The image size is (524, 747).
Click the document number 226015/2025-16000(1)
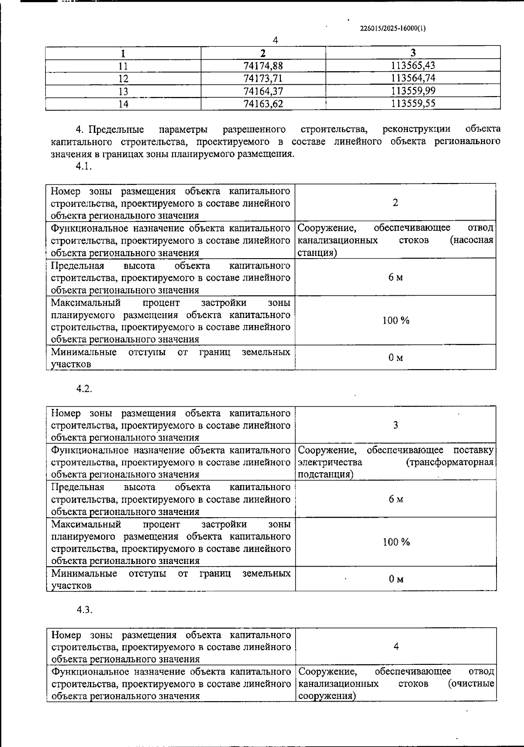click(x=393, y=29)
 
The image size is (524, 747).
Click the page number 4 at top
click(x=275, y=40)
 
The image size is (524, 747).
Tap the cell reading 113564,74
click(x=413, y=78)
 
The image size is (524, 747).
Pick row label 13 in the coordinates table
click(x=124, y=91)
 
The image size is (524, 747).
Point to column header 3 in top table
click(x=413, y=53)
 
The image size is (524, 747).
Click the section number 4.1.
click(x=84, y=166)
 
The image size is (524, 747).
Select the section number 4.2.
click(x=84, y=389)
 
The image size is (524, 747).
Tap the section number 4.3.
click(x=84, y=610)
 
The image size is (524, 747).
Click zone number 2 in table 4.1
click(x=395, y=203)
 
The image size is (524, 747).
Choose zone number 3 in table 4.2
click(x=395, y=425)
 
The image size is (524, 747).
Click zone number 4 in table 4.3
click(x=396, y=647)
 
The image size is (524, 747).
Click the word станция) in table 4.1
click(x=317, y=253)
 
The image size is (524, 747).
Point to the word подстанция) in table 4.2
click(x=325, y=475)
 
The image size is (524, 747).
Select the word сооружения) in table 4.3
click(x=326, y=696)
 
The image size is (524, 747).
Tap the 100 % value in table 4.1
click(x=396, y=320)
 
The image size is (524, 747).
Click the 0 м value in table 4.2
click(x=396, y=579)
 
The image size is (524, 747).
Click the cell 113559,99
click(x=413, y=91)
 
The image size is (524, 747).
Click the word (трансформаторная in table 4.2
click(x=450, y=462)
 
